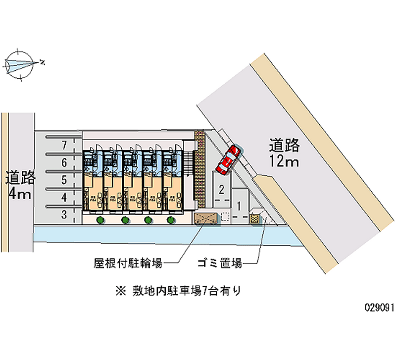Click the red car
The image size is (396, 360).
pyautogui.click(x=229, y=159)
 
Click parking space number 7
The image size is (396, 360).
pyautogui.click(x=64, y=145)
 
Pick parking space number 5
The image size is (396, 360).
pyautogui.click(x=64, y=180)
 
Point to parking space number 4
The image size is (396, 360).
pyautogui.click(x=64, y=198)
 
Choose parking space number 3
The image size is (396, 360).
pyautogui.click(x=64, y=214)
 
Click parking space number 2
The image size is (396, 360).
pyautogui.click(x=222, y=189)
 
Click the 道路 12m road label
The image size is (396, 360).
pyautogui.click(x=285, y=153)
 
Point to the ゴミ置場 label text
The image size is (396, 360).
pyautogui.click(x=219, y=263)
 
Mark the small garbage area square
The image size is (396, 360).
pyautogui.click(x=254, y=218)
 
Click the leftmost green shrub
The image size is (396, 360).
pyautogui.click(x=100, y=219)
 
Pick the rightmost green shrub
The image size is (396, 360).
pyautogui.click(x=171, y=219)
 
